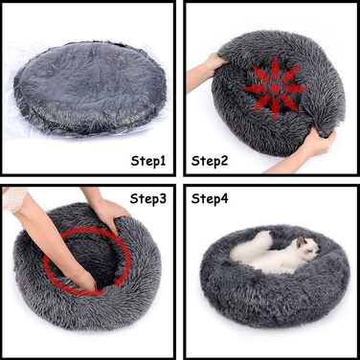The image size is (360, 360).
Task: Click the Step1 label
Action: click(x=148, y=161)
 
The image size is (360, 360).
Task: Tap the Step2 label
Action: click(x=210, y=161)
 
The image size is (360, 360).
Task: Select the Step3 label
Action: click(x=148, y=199)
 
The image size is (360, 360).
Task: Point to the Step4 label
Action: click(x=210, y=199)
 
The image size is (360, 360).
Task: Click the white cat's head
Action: click(x=307, y=248)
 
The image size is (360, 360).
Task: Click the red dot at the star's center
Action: click(x=275, y=89)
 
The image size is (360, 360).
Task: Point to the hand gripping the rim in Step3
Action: click(x=108, y=214)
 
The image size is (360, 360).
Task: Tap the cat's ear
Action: click(x=302, y=241)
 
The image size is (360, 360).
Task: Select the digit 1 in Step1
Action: click(x=162, y=161)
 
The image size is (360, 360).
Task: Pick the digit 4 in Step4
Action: click(x=224, y=198)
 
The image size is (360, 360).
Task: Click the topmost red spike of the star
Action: click(x=275, y=68)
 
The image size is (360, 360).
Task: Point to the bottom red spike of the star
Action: click(x=275, y=108)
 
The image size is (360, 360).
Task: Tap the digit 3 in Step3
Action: click(x=163, y=199)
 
